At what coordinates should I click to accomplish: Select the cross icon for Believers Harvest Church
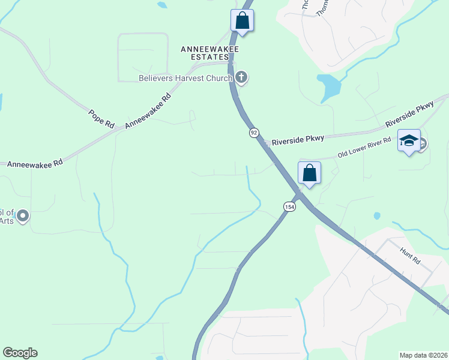[241, 77]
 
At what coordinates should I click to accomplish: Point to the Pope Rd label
[101, 118]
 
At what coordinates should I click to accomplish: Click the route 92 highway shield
[255, 132]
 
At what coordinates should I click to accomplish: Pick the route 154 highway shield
[289, 206]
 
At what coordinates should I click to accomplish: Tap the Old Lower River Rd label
[364, 148]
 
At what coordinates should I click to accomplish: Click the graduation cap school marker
[409, 141]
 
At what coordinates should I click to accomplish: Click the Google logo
[20, 353]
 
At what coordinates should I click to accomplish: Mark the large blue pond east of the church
[329, 87]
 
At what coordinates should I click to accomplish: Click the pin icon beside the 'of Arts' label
[23, 215]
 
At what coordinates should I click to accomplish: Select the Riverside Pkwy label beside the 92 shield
[298, 140]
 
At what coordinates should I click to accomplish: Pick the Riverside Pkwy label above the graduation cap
[409, 113]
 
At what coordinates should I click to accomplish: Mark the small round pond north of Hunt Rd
[376, 215]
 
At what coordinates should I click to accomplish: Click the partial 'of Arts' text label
[7, 215]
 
